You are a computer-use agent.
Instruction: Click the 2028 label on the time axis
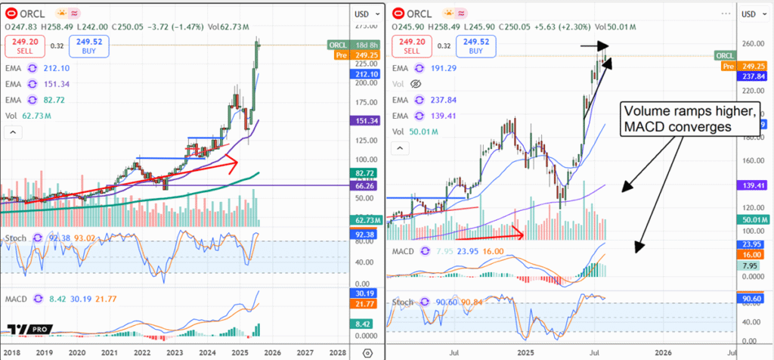click(x=338, y=352)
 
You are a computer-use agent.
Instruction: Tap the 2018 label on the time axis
click(x=11, y=352)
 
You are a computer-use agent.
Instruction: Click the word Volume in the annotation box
click(x=646, y=110)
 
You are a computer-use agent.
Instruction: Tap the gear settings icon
click(x=367, y=352)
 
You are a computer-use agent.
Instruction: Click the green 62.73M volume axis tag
click(x=366, y=220)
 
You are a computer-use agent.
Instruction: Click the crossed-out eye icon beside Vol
click(x=415, y=84)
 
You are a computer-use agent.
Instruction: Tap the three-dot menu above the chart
click(x=727, y=13)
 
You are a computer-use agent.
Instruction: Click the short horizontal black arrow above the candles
click(x=594, y=46)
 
